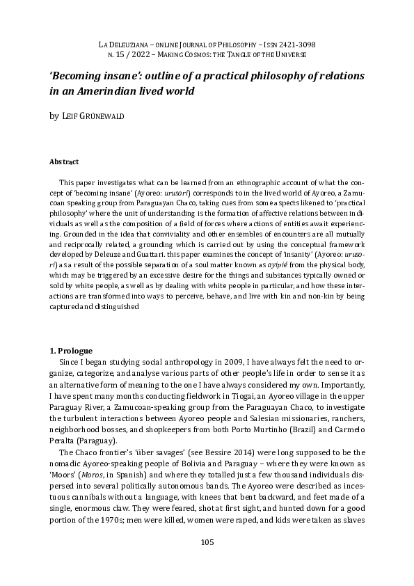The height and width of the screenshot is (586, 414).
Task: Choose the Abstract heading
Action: [64, 161]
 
